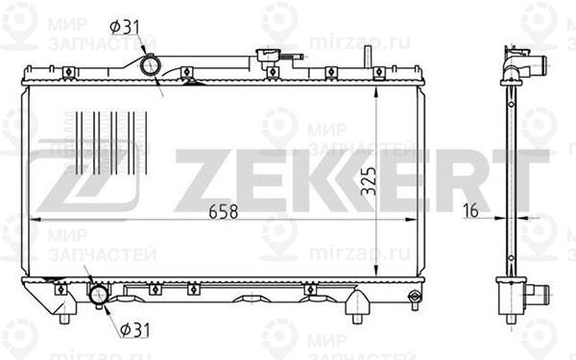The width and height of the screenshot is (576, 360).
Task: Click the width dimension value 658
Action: click(x=220, y=209)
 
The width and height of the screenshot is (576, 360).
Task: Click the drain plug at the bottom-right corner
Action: click(x=413, y=297)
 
